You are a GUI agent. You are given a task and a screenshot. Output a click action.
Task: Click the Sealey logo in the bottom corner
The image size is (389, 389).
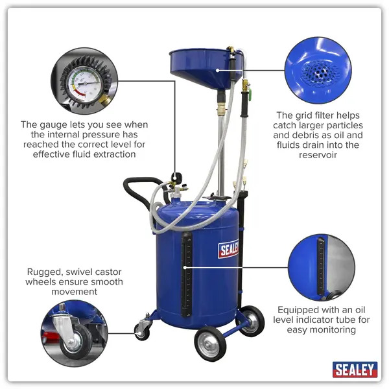355,369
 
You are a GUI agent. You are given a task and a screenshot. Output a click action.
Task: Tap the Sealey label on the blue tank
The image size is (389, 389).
228,248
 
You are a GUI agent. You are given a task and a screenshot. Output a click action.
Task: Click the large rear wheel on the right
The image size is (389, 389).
250,319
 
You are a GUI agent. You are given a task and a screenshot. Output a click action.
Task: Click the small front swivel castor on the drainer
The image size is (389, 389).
142,329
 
